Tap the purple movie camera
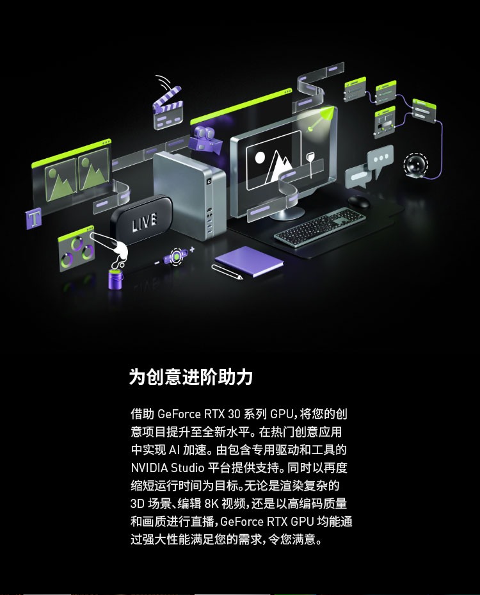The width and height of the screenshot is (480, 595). pos(205,139)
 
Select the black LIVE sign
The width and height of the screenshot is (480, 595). pos(141,219)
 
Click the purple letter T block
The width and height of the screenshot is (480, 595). pos(34,218)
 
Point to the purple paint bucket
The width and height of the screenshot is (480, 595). pos(116,279)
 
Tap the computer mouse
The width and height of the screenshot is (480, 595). pos(358,201)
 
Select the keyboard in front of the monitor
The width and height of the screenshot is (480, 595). pos(319,227)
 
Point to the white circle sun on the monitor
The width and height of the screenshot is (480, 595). pos(260,158)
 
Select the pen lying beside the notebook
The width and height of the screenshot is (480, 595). pos(227,272)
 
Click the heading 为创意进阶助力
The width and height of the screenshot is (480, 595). pos(191,377)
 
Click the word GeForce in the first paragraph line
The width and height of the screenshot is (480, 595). pos(179,414)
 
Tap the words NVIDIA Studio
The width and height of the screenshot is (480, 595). pos(168,468)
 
